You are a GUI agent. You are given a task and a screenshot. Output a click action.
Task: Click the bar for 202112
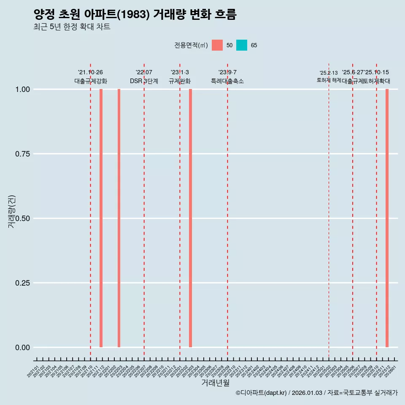coord(101,218)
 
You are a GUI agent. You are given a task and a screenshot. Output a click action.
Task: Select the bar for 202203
coord(119,218)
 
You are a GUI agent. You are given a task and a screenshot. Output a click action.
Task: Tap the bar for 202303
coord(191,218)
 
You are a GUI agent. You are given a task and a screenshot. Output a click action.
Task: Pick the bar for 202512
coord(387,218)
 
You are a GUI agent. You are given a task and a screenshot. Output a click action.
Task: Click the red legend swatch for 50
coord(217,45)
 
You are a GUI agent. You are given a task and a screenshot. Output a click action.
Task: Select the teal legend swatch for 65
coord(242,45)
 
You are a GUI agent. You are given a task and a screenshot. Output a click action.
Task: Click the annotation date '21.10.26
coord(90,73)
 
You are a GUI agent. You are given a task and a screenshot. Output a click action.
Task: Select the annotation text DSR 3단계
coord(144,81)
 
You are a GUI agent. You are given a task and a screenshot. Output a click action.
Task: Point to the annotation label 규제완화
coord(180,81)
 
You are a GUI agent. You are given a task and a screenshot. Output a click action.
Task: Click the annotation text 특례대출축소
coord(227,81)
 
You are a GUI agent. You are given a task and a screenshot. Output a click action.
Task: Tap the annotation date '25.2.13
coord(329,73)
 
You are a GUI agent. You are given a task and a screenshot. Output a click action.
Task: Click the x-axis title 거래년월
coord(215,383)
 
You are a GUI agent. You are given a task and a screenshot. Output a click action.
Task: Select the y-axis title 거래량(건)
coord(12,212)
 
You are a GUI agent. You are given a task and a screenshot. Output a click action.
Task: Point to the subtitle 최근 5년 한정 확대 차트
coord(72,27)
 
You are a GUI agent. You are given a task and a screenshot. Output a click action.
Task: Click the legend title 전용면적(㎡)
coord(191,45)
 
